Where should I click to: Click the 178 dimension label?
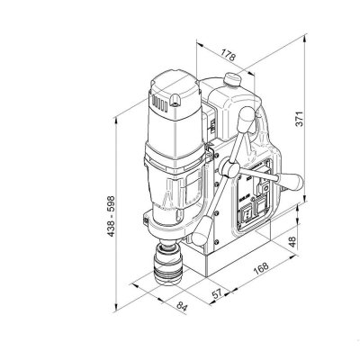tap(228, 55)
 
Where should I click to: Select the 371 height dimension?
tap(300, 119)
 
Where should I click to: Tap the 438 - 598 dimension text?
tap(111, 216)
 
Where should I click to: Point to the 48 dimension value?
tap(292, 241)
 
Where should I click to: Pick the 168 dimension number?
tap(260, 268)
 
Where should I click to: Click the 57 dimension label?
tap(217, 293)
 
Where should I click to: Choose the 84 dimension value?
tap(182, 306)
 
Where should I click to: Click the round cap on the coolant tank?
tap(232, 79)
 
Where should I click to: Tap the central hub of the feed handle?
tap(229, 168)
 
